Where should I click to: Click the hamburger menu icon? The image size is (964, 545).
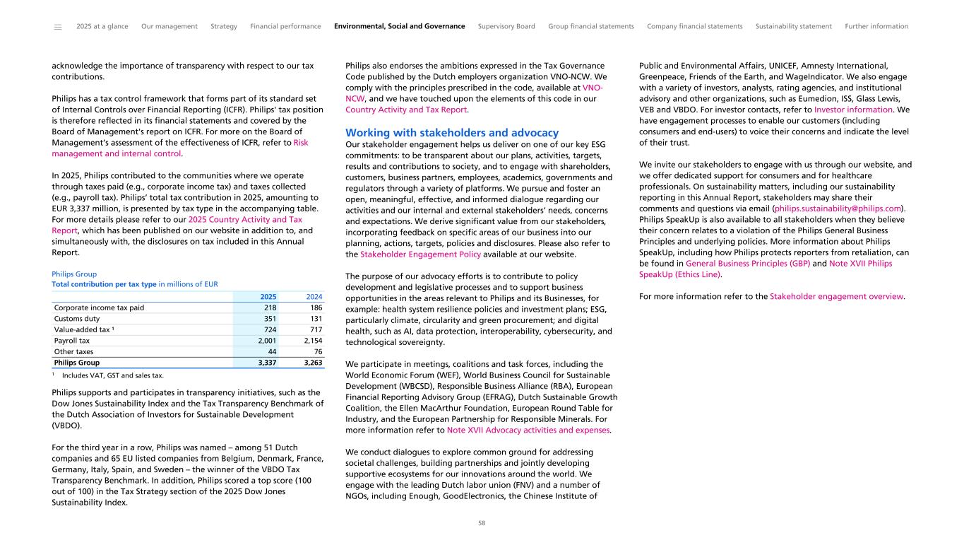pos(58,27)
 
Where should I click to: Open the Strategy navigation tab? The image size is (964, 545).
pos(224,27)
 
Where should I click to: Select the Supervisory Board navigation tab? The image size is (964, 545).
pos(506,27)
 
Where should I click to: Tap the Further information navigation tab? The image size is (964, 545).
pos(876,27)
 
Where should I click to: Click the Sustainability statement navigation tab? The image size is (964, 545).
pos(793,27)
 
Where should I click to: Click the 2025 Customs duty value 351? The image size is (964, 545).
pos(269,318)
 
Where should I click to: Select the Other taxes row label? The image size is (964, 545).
pos(73,351)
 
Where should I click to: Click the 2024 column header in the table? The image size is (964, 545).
pos(314,296)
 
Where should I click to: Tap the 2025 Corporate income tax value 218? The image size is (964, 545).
pos(269,307)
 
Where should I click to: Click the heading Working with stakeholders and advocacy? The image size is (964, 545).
pos(451,133)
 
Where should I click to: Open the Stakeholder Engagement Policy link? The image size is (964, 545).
pos(420,254)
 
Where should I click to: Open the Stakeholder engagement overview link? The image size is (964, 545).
pos(836,296)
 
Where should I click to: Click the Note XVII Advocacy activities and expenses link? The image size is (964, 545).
pos(528,430)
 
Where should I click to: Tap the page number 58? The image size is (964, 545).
pos(482,524)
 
